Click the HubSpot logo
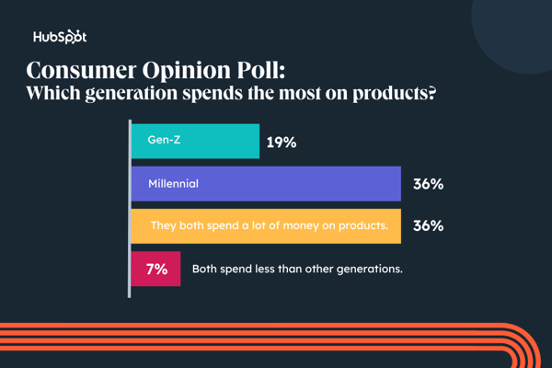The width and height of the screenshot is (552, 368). click(x=60, y=38)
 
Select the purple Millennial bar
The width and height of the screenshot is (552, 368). click(x=266, y=183)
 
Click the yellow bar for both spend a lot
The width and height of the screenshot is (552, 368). click(x=266, y=225)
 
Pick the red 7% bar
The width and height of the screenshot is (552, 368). click(x=155, y=269)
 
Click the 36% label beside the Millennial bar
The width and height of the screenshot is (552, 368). click(x=428, y=184)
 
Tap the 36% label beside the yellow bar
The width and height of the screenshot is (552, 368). click(x=428, y=225)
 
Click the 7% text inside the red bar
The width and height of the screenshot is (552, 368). click(x=155, y=269)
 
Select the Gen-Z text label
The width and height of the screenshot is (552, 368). click(x=164, y=142)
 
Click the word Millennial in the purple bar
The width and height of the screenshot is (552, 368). click(x=173, y=184)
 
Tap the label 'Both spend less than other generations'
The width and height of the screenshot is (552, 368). click(x=297, y=270)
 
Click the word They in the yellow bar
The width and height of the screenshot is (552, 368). click(x=166, y=225)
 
